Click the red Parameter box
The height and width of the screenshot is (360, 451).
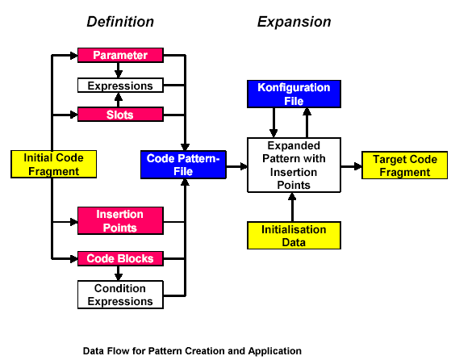pos(120,55)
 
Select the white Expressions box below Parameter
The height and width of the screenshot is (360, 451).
pos(120,86)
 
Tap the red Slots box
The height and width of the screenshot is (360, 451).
pos(120,115)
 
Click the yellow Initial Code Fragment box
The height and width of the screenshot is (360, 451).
pos(53,164)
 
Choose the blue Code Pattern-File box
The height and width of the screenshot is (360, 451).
pos(183,165)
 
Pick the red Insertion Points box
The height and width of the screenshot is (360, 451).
pos(120,220)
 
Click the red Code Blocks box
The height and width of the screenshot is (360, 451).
pos(120,258)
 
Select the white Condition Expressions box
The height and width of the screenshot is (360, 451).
pos(120,295)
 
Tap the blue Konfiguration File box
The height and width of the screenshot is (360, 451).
pos(294,94)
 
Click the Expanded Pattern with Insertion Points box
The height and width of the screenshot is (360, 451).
pos(294,165)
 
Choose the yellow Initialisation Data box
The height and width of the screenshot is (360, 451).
pos(294,236)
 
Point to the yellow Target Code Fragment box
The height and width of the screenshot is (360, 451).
pos(405,165)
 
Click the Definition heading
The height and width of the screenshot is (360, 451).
pos(120,22)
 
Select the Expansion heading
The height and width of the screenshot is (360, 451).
pos(294,22)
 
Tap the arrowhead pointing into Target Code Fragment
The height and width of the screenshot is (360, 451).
pos(358,166)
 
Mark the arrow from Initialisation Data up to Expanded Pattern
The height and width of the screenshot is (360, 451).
pos(292,207)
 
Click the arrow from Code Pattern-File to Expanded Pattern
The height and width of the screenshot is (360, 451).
pos(236,166)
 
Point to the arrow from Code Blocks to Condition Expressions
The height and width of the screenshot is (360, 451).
pos(119,273)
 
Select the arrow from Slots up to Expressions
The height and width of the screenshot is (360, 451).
pos(119,100)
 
